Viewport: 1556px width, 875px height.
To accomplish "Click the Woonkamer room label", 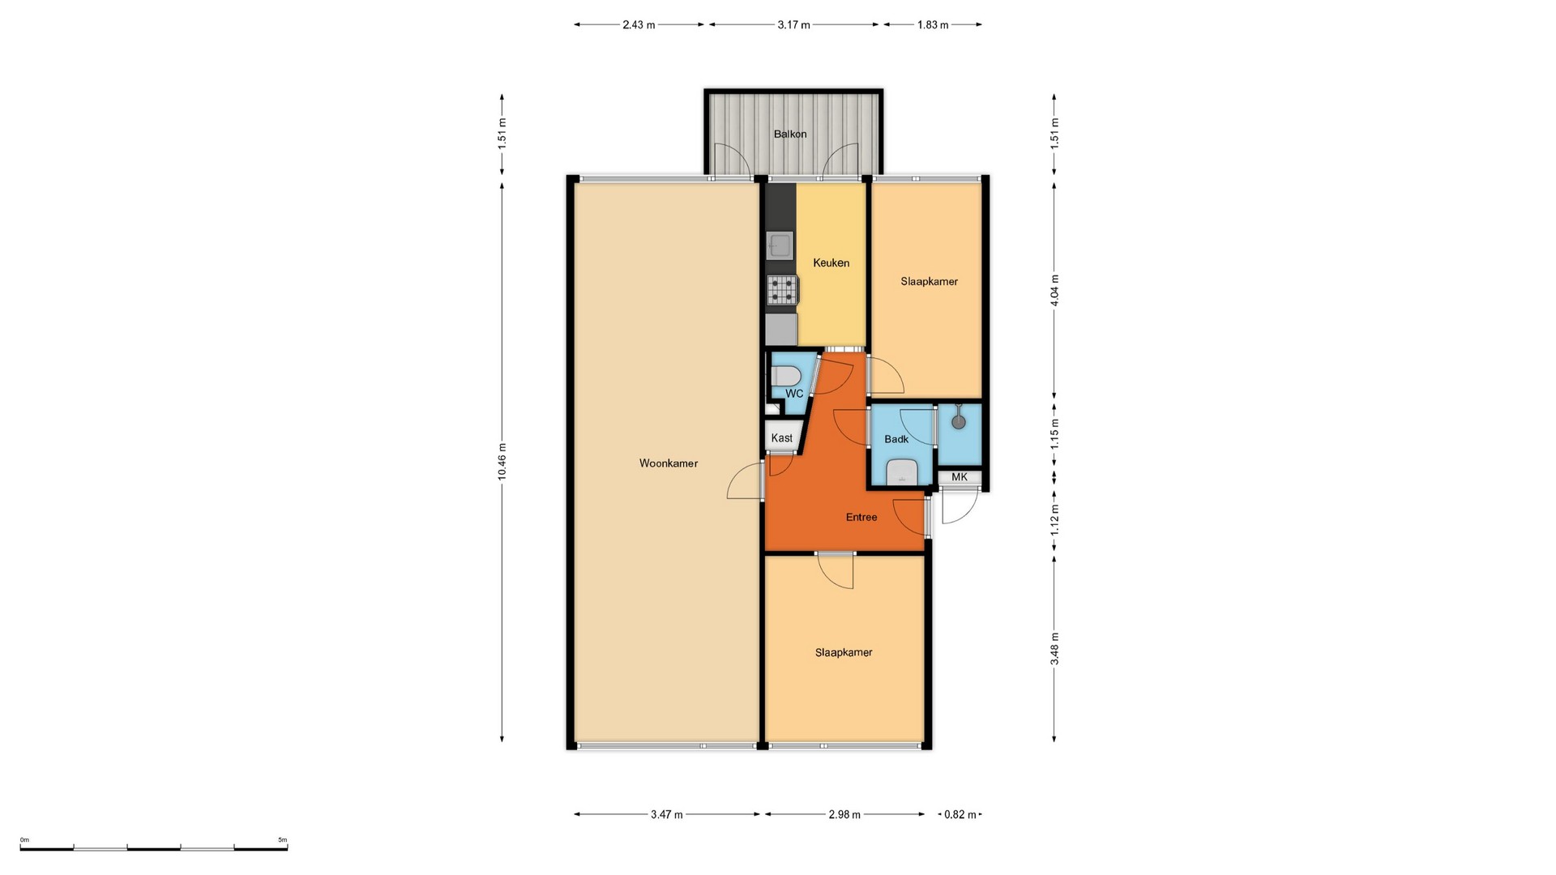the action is click(x=669, y=463).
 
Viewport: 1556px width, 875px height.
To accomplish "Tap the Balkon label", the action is click(x=790, y=134).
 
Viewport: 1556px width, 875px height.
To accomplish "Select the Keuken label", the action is click(x=831, y=262).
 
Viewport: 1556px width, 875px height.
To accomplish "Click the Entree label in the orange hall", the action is click(x=861, y=517).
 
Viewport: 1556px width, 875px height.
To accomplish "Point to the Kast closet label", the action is click(x=782, y=438).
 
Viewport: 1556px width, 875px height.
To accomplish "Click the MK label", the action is click(x=960, y=477).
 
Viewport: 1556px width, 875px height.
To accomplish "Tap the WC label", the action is click(x=794, y=394).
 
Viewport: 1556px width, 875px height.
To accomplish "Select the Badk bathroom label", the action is click(x=896, y=439).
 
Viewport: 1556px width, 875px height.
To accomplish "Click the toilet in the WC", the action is click(x=786, y=377).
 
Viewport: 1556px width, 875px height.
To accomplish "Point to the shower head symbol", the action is click(x=959, y=420).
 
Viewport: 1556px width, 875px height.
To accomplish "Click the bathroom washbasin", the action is click(x=901, y=472).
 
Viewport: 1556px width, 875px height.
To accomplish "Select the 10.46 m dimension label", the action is click(x=502, y=463).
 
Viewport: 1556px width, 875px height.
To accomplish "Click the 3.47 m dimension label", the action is click(x=667, y=814).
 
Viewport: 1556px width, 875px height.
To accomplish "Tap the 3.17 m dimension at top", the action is click(x=794, y=24).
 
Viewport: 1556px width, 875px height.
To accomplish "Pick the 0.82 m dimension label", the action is click(x=960, y=814).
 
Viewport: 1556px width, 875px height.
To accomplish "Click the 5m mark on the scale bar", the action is click(x=282, y=840).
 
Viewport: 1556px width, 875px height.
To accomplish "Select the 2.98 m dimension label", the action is click(x=844, y=814).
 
